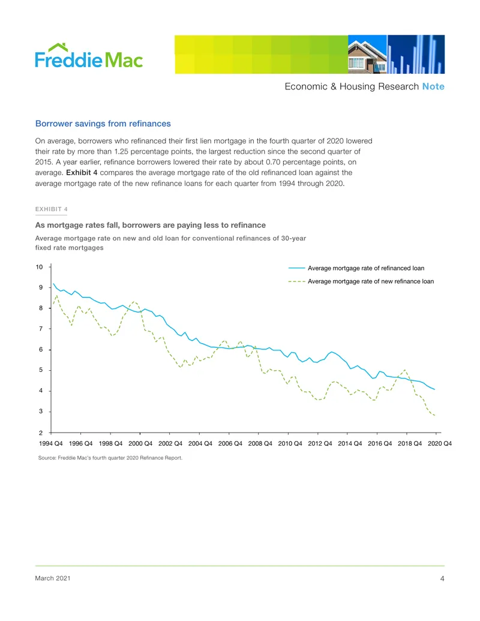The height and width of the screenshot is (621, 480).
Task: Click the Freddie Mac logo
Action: coord(89,56)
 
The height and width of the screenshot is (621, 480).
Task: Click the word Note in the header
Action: coord(433,86)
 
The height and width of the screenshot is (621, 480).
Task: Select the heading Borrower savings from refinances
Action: coord(103,124)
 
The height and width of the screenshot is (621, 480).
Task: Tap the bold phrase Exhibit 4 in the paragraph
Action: coord(82,173)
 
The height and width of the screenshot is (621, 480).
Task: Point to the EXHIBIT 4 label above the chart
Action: coord(51,209)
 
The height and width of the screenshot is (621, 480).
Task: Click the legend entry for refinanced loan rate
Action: coord(356,268)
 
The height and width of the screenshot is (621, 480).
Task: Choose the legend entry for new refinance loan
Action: coord(361,281)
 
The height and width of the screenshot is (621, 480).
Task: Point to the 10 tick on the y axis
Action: coord(39,267)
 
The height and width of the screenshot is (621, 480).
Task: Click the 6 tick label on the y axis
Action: coord(41,349)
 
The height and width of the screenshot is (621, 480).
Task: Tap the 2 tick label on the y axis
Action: coord(41,433)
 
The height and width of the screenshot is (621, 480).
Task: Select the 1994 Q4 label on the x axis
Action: coord(50,443)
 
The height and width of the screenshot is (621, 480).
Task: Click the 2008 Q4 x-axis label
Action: coord(260,443)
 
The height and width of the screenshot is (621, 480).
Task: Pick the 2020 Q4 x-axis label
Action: coord(440,443)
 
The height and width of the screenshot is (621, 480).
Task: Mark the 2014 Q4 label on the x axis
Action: coord(350,443)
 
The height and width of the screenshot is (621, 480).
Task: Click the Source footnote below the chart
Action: coord(110,458)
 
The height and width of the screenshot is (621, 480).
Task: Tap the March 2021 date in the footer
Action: coord(53,578)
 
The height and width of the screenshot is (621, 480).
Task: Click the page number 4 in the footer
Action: coord(442,578)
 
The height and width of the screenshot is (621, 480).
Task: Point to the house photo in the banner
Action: coord(368,54)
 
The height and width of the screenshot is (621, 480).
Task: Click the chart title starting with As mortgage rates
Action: coord(151,225)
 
